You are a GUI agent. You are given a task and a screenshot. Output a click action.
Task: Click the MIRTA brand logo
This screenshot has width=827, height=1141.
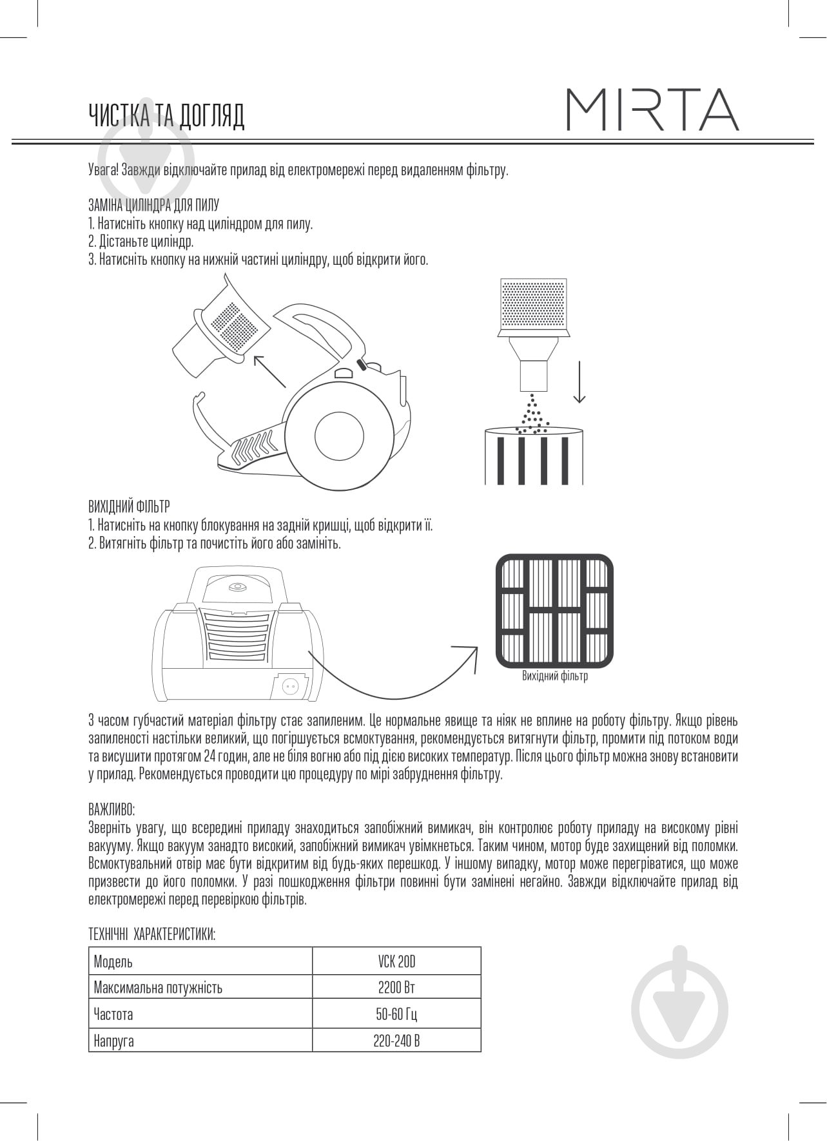click(652, 110)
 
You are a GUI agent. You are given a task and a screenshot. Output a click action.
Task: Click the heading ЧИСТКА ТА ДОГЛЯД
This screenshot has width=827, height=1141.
click(166, 116)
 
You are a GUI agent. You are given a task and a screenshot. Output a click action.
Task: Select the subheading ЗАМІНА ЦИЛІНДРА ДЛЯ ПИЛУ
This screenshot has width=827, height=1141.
click(153, 205)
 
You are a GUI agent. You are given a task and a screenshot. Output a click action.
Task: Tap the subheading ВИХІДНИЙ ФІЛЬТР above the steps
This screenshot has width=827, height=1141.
click(129, 506)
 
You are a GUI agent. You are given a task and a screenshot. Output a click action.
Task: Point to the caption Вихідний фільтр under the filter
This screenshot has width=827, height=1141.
click(554, 676)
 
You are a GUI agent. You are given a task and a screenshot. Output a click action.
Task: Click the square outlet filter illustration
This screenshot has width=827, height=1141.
click(554, 611)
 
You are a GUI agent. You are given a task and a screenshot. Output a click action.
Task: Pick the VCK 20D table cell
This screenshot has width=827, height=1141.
click(396, 962)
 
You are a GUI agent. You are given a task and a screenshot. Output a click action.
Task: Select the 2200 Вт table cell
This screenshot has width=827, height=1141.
click(396, 988)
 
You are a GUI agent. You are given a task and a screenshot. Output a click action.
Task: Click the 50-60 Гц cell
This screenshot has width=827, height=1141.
click(396, 1014)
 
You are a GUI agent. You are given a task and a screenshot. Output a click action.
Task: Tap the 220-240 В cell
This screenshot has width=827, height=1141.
click(396, 1040)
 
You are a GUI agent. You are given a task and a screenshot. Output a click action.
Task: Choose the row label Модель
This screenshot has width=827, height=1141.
click(113, 962)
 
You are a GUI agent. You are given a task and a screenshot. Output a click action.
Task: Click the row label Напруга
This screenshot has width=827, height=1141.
click(114, 1040)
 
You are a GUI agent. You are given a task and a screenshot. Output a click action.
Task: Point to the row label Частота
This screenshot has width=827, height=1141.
click(113, 1014)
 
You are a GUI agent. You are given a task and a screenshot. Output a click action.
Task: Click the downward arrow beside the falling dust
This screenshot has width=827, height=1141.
click(579, 382)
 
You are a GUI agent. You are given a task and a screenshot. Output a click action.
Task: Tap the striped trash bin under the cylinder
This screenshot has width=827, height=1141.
click(534, 456)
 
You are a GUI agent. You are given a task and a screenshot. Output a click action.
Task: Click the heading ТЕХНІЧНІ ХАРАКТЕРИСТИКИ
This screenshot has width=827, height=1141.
click(151, 935)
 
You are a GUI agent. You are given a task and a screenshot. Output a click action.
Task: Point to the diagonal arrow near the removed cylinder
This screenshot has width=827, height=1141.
click(269, 370)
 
